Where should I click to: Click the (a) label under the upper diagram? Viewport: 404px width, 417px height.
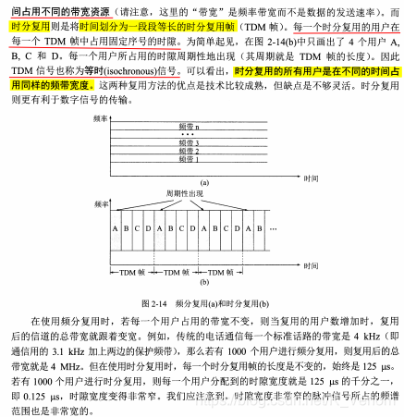(204, 184)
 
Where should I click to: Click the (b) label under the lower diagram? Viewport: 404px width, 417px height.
(204, 288)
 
